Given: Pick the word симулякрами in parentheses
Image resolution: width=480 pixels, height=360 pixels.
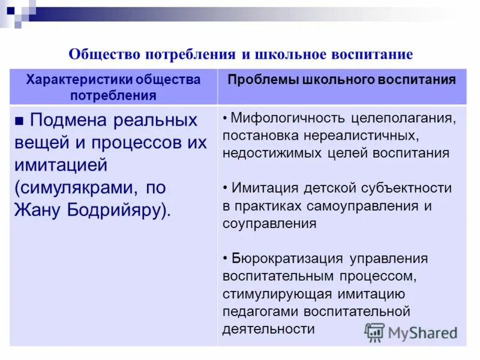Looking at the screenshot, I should pyautogui.click(x=74, y=188).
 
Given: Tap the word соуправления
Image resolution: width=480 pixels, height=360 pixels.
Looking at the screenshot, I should pyautogui.click(x=269, y=224).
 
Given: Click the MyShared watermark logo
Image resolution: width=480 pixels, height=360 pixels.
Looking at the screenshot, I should pyautogui.click(x=411, y=332).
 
